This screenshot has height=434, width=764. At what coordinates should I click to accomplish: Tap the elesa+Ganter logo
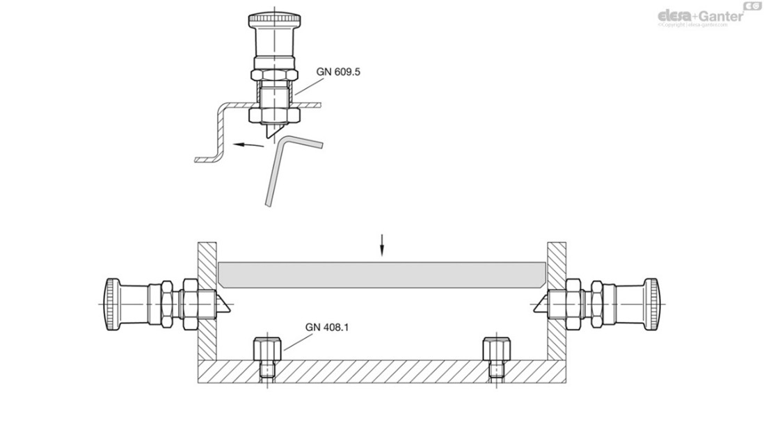pos(699,15)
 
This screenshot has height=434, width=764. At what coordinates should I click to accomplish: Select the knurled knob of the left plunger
pos(111,303)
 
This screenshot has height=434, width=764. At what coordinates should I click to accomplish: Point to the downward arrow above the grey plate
pos(381,246)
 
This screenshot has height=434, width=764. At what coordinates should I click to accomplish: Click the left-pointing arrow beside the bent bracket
pos(248,145)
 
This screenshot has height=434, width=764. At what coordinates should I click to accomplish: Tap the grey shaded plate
pos(380,274)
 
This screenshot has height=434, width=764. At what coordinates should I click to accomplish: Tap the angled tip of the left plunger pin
pos(227,304)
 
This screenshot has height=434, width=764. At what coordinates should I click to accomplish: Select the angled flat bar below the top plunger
pos(278,167)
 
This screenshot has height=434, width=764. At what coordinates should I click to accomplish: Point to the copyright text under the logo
pos(692,25)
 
